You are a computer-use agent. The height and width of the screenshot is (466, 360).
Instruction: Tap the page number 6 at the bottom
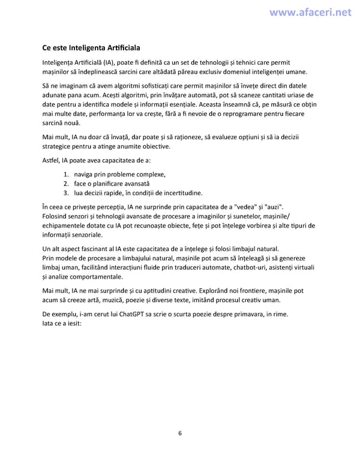click(180, 434)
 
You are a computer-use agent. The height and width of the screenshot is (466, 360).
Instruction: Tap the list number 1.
click(66, 174)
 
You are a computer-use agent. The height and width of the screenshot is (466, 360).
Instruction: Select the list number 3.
click(66, 193)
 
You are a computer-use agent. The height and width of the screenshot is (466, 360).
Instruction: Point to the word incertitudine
click(180, 193)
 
